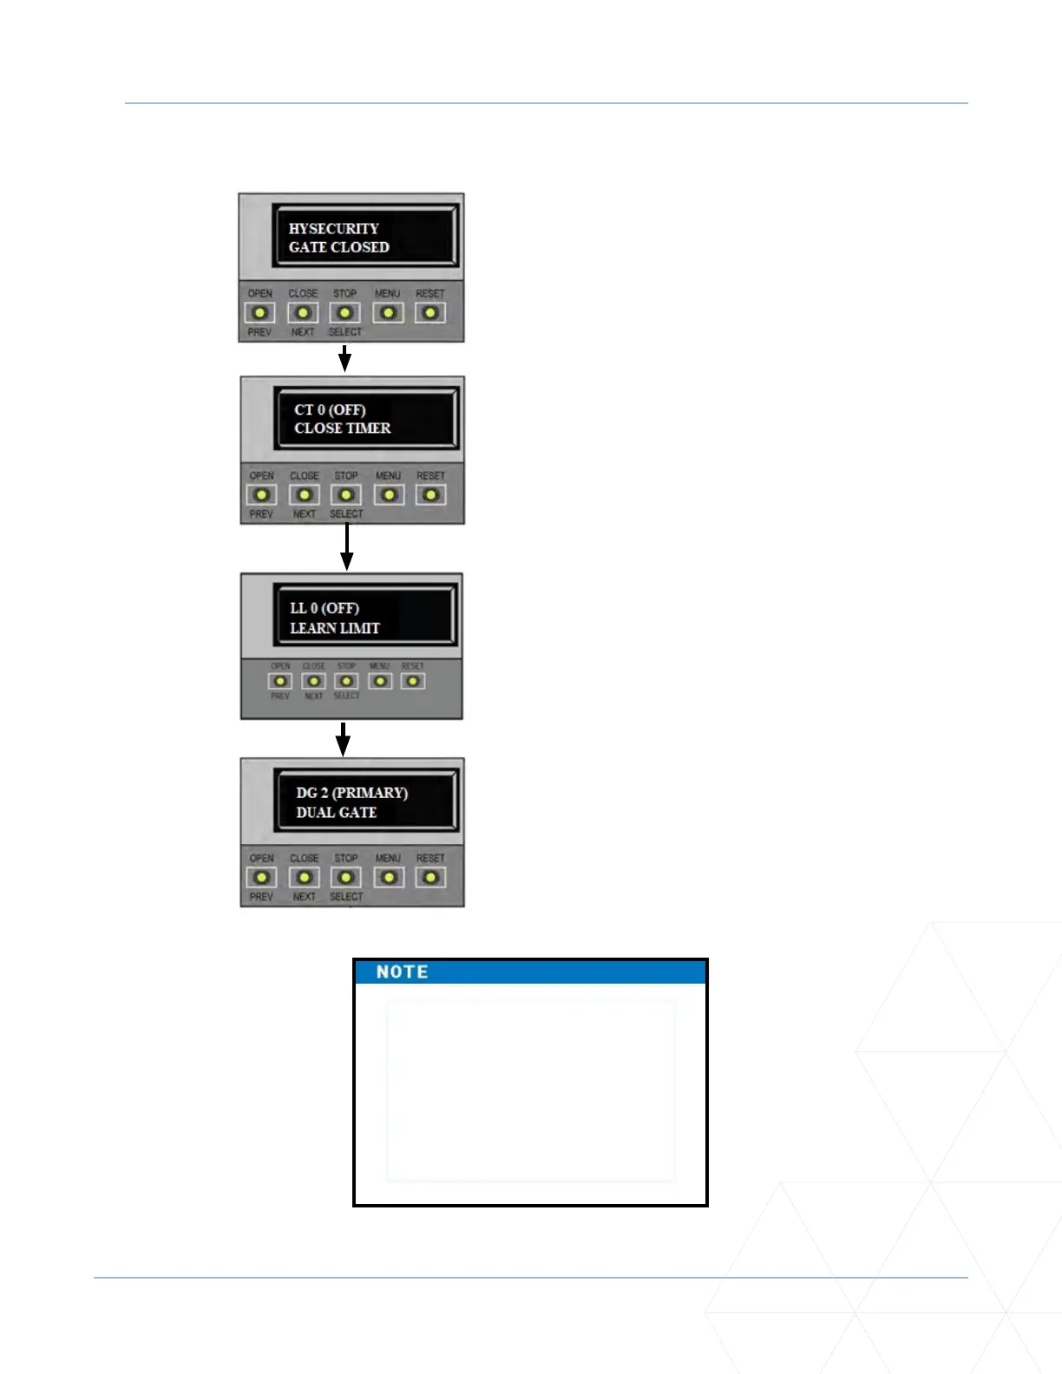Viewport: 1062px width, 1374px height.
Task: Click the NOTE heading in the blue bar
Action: coord(402,972)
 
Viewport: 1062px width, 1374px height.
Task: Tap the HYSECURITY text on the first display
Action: coord(334,228)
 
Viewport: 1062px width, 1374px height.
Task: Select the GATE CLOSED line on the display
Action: coord(339,247)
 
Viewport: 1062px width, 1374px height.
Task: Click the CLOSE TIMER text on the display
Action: coord(343,429)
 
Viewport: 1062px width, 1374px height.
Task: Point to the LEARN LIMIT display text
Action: coord(335,628)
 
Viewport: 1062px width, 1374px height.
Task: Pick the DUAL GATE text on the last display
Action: coord(337,813)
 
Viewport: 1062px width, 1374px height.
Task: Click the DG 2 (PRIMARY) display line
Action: coord(351,793)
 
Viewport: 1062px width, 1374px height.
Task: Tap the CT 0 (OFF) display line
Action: coord(330,409)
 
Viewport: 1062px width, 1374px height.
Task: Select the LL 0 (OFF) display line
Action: coord(324,608)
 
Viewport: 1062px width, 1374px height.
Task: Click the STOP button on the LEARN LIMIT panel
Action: coord(346,681)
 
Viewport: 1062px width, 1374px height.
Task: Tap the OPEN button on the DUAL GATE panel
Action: coord(261,877)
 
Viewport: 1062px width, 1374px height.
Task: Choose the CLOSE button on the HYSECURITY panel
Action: coord(303,312)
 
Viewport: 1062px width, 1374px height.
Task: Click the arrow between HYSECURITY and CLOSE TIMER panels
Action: coord(344,358)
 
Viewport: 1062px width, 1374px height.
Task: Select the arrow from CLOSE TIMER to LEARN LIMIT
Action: coord(346,547)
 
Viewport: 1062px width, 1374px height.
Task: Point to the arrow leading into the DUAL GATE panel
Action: coord(344,739)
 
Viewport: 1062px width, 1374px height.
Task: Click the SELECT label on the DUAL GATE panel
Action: coord(346,897)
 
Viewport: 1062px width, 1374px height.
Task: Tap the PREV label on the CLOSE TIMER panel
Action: coord(261,514)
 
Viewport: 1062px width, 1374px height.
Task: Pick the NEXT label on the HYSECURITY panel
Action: coord(303,332)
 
